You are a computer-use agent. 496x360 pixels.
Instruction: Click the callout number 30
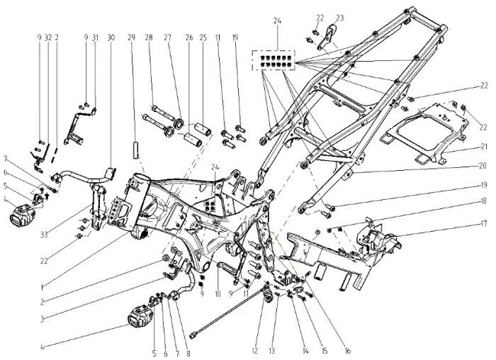(x=111, y=37)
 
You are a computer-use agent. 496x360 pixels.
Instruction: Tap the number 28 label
(x=149, y=37)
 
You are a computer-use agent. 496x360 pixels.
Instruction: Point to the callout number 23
(x=340, y=18)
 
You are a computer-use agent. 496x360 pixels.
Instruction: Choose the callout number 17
(x=463, y=223)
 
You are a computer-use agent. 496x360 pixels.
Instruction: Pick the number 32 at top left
(x=47, y=37)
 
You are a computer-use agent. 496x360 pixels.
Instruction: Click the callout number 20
(x=463, y=166)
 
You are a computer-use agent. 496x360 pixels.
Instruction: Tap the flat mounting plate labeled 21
(x=418, y=131)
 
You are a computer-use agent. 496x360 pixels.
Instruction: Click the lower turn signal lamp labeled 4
(x=143, y=313)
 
